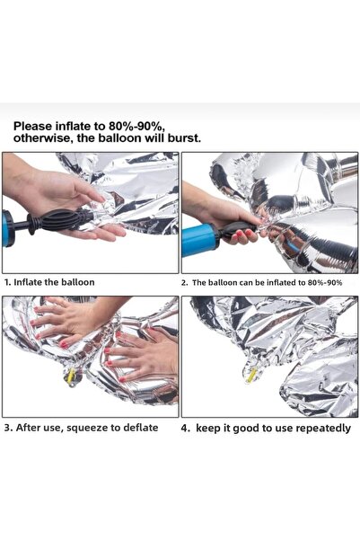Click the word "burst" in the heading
coord(184,138)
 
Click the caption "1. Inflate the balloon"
coord(49,282)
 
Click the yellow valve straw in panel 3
coord(71,376)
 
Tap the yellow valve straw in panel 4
coord(251,375)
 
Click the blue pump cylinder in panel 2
coord(199,239)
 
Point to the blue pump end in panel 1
coord(8,228)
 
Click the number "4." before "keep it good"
coord(186,429)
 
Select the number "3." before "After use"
coord(9,428)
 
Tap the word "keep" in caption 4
coord(207,429)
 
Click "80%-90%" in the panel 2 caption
coord(325,283)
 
